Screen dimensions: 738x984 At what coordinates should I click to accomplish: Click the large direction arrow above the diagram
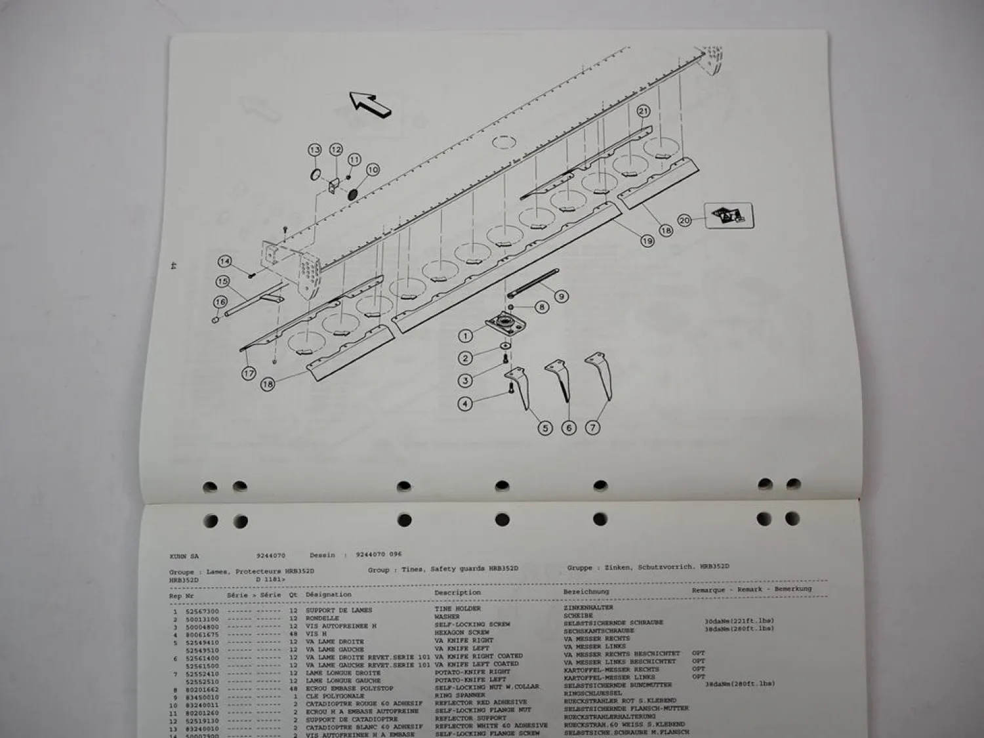pyautogui.click(x=369, y=104)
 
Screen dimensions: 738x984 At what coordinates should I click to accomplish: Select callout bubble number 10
pyautogui.click(x=372, y=170)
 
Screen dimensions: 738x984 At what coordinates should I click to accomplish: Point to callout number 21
pyautogui.click(x=643, y=112)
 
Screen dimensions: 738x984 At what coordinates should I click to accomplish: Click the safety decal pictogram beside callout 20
pyautogui.click(x=729, y=216)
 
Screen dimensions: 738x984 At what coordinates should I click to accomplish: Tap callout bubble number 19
pyautogui.click(x=647, y=241)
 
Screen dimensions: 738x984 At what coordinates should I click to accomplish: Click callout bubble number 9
pyautogui.click(x=561, y=297)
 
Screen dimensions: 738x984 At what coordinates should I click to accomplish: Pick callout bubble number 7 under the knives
pyautogui.click(x=592, y=428)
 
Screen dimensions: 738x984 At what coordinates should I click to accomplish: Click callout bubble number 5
pyautogui.click(x=545, y=428)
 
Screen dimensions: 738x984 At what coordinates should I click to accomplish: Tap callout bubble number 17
pyautogui.click(x=249, y=374)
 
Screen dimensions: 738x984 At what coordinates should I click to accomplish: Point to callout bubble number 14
pyautogui.click(x=226, y=262)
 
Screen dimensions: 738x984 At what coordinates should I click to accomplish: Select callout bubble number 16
pyautogui.click(x=220, y=302)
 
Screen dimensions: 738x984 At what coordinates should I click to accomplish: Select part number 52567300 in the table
pyautogui.click(x=205, y=611)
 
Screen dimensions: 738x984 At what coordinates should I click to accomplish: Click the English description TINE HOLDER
pyautogui.click(x=457, y=609)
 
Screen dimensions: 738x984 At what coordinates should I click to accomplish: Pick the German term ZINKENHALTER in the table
pyautogui.click(x=588, y=607)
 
